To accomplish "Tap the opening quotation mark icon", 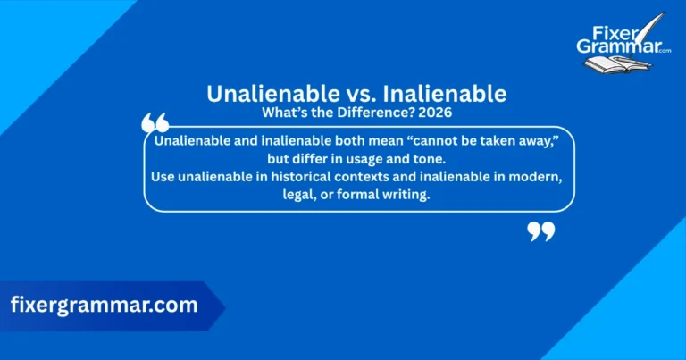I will (155, 122).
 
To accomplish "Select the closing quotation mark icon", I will (540, 232).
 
